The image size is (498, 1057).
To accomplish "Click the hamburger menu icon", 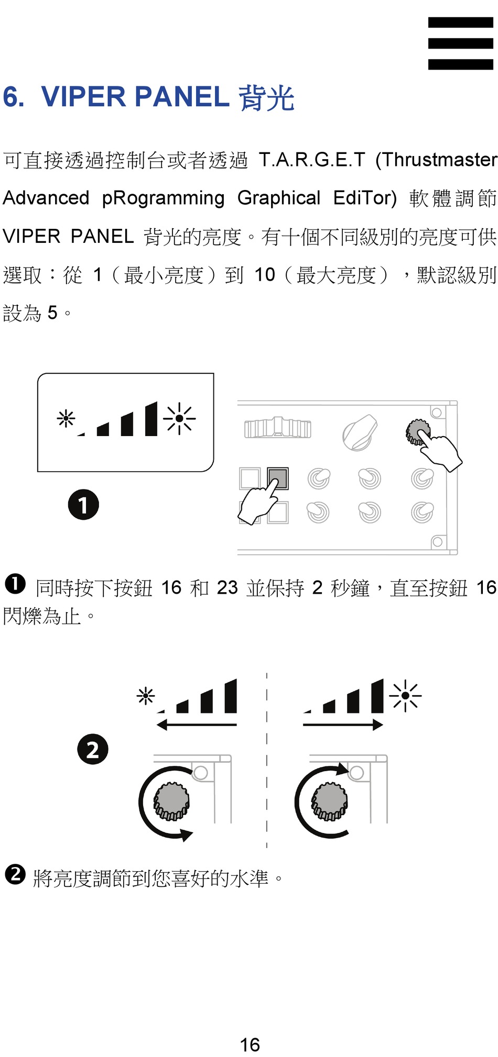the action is coord(460,43).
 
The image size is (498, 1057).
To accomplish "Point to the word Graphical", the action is coord(278,198).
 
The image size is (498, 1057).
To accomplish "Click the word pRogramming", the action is coord(163,198).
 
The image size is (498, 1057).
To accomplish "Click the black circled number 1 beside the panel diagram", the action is coord(83,505).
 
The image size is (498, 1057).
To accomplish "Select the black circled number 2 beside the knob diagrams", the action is coord(93,749).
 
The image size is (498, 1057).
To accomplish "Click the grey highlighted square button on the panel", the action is coord(278,477).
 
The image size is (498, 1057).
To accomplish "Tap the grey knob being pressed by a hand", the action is coord(418,432).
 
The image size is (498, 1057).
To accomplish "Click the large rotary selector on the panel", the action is coord(360,433).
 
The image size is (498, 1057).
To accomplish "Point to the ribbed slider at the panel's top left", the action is coord(277,428).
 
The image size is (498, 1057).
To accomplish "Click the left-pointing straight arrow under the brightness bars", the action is coord(196,725).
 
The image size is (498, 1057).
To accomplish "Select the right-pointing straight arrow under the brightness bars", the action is coord(343,725).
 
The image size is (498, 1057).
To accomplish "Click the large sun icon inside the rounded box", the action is coord(179,418).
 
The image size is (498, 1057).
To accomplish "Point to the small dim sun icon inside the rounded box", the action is coord(66,418).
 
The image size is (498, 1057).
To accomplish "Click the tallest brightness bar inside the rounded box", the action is coord(151,419).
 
